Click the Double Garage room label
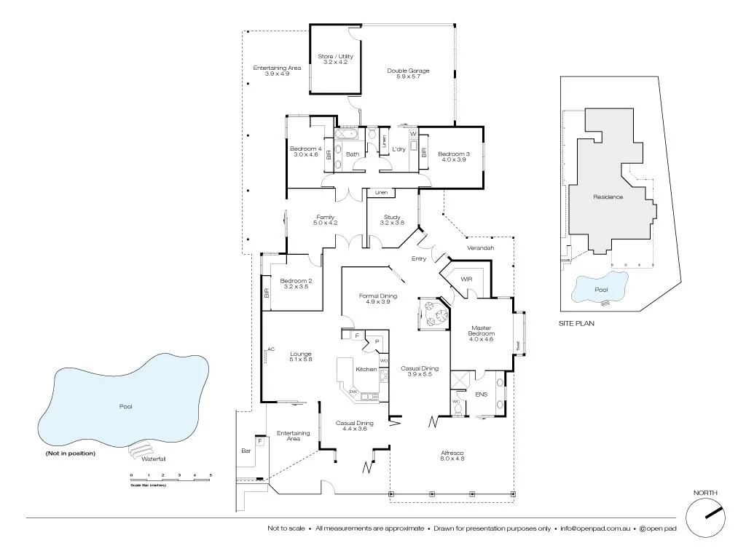408,74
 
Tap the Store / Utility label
335,59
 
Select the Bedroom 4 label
305,151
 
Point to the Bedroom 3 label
453,156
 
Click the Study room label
393,220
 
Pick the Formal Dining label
378,298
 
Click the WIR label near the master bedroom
467,279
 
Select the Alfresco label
452,456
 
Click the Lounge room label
300,357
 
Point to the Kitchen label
366,369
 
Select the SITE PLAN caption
576,323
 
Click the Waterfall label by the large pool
154,459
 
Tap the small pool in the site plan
599,288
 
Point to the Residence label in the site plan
608,197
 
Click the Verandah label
481,248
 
